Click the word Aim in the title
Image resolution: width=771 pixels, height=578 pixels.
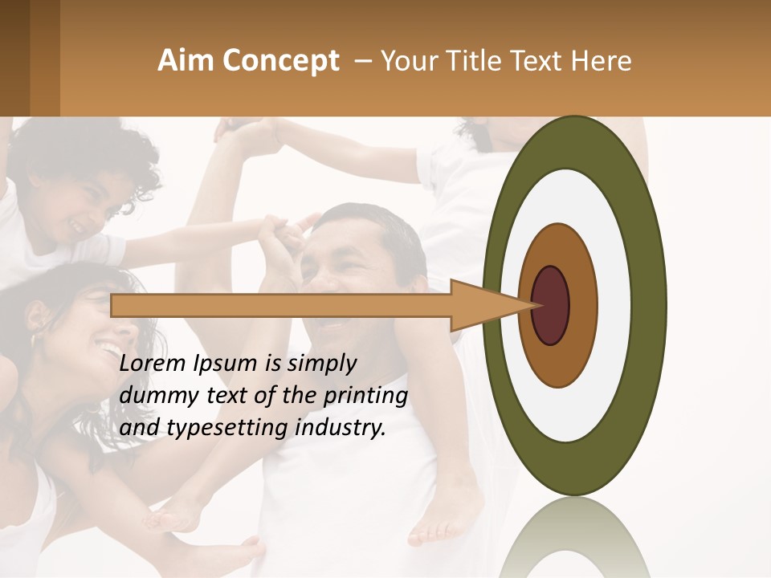(186, 61)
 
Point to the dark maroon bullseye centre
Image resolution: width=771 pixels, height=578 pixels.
(550, 306)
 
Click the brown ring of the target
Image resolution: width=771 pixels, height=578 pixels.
(580, 306)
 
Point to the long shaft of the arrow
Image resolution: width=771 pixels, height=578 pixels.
(281, 306)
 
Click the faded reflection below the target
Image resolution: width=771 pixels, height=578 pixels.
(575, 538)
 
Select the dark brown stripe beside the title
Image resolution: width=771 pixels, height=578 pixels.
(14, 58)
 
